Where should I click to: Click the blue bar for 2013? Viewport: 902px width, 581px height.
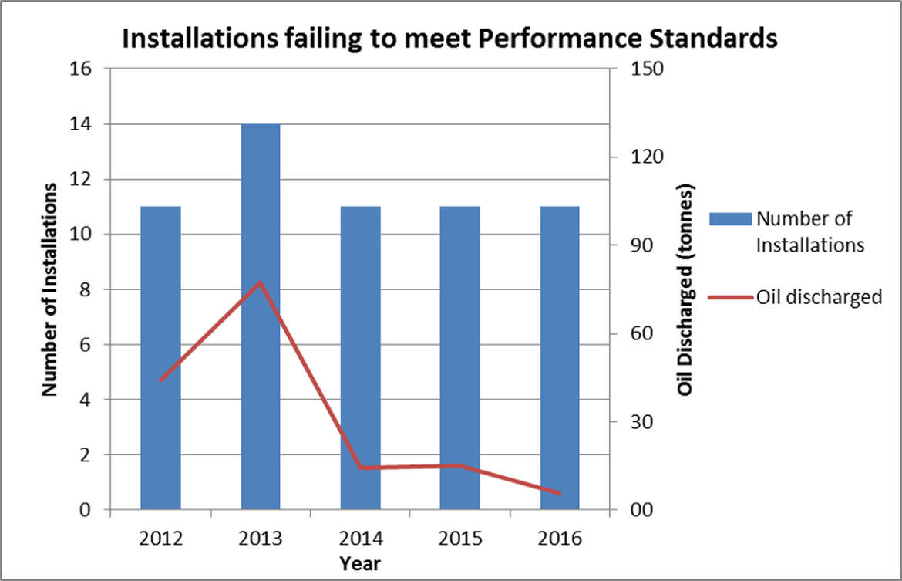tap(261, 316)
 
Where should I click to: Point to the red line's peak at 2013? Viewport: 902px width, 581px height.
tap(261, 282)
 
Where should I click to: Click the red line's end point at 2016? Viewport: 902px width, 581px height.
tap(560, 493)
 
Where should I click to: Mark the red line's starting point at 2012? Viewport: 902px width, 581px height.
tap(160, 380)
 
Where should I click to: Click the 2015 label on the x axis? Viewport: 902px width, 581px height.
tap(459, 538)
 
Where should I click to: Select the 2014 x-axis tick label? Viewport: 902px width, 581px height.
tap(360, 538)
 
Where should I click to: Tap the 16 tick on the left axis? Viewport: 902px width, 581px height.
tap(81, 69)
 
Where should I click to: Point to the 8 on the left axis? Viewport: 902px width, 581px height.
tap(86, 290)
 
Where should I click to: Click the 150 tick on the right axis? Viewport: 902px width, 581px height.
tap(648, 69)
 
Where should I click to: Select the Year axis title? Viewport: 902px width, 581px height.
tap(359, 563)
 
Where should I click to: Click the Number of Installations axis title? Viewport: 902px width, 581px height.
tap(49, 289)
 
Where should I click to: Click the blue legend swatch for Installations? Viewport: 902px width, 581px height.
tap(729, 218)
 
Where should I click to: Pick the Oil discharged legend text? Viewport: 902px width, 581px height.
tap(819, 297)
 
